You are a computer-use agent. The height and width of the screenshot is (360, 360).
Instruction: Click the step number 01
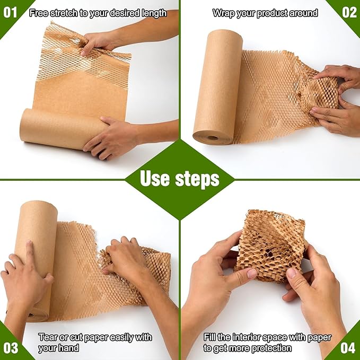click(11, 12)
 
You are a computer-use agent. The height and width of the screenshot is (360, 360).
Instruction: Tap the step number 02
click(348, 12)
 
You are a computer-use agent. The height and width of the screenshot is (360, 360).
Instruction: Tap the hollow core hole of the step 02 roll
click(213, 138)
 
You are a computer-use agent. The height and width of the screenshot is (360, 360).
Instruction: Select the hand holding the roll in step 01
click(109, 136)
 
